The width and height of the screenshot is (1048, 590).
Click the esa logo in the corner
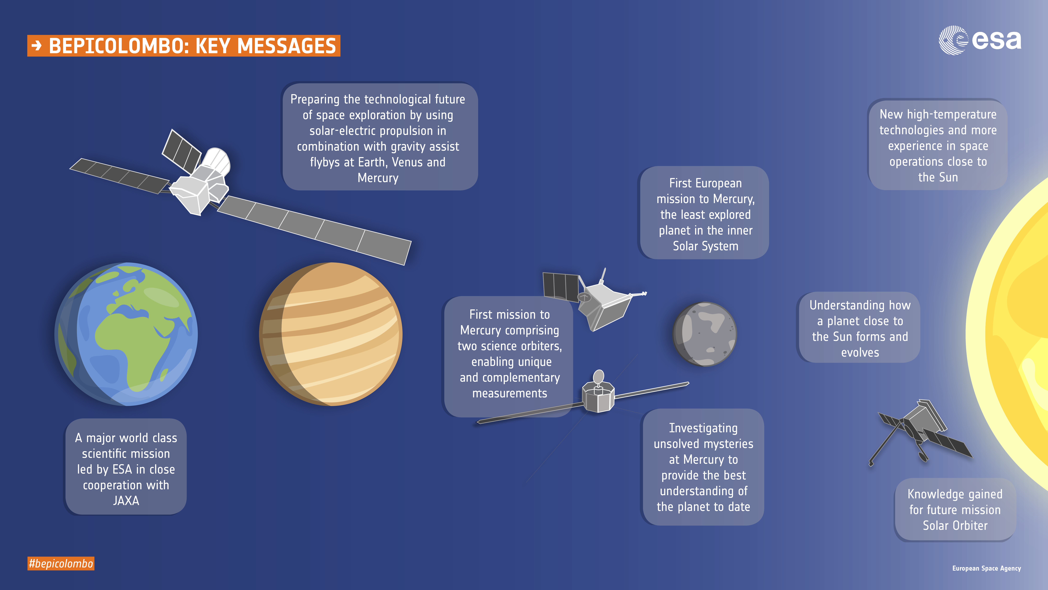pos(980,40)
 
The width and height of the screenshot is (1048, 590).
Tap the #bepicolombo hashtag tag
pos(61,564)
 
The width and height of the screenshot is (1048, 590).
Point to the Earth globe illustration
pos(126,334)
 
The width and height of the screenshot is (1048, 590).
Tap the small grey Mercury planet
pos(705,334)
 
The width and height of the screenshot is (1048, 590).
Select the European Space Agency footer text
pos(987,568)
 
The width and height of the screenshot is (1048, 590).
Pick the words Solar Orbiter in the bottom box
pos(955,526)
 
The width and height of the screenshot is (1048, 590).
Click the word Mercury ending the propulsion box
pos(378,178)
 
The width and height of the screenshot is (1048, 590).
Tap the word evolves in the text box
pos(860,353)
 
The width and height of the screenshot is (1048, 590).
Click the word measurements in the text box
pos(510,393)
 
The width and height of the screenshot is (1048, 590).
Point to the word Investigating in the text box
pos(703,428)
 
